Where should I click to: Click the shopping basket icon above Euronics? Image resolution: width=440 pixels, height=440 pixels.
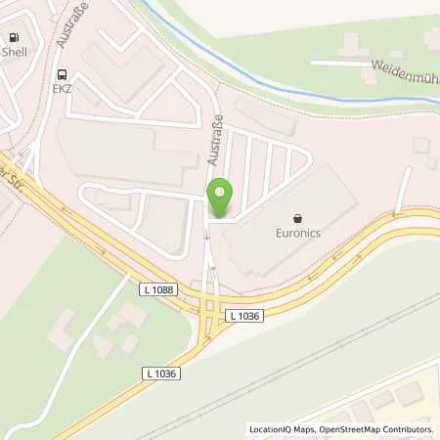point(296,218)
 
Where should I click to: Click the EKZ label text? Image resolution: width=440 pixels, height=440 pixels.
point(63,89)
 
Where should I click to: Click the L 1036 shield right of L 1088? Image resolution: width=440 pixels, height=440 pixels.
point(245,315)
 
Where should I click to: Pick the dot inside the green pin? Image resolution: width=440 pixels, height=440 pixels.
point(220,192)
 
